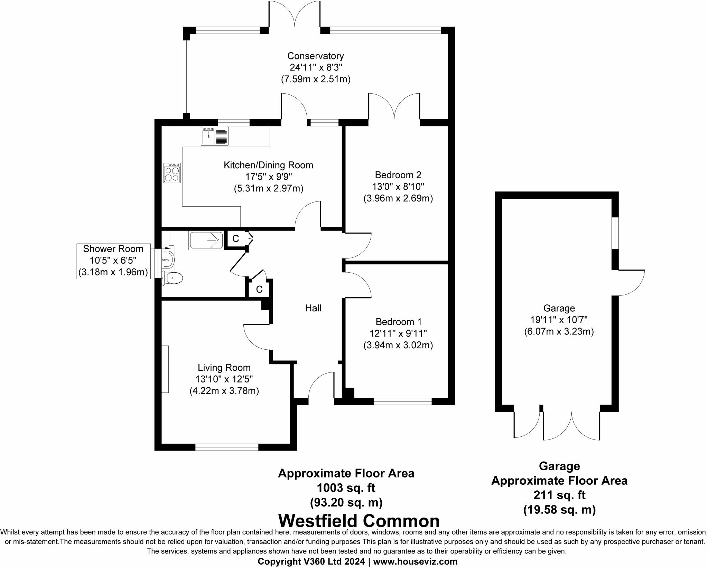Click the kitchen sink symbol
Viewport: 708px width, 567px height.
[x=215, y=136]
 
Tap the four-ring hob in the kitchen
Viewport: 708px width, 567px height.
[x=172, y=173]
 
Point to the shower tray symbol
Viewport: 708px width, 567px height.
[x=206, y=240]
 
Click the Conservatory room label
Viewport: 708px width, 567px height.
[x=315, y=56]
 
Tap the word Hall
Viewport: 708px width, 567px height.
[x=313, y=308]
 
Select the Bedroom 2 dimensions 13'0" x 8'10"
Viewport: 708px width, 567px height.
[x=398, y=187]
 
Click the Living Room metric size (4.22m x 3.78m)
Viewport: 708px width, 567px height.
[x=224, y=391]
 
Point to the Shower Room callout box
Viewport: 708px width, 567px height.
[x=113, y=261]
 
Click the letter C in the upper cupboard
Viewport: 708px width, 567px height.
[x=235, y=239]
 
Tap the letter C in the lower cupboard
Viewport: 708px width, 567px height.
[x=259, y=289]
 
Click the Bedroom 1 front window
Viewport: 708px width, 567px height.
[x=403, y=401]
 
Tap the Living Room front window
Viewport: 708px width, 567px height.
[x=227, y=447]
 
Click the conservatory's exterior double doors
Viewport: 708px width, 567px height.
[x=295, y=16]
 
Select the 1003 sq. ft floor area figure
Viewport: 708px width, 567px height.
[x=346, y=488]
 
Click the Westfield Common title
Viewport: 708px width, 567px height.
[x=359, y=521]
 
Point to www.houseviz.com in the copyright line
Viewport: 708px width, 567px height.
[x=415, y=561]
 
